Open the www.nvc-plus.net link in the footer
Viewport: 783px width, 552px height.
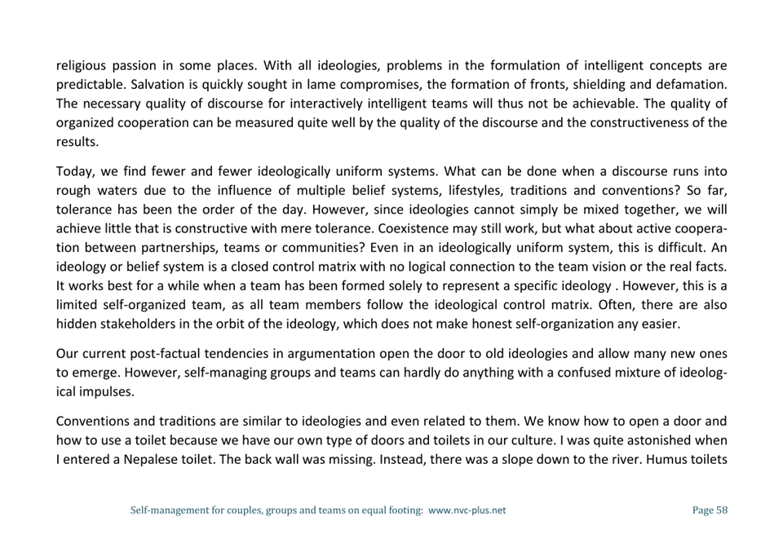467,510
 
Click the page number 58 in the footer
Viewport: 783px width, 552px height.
720,510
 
